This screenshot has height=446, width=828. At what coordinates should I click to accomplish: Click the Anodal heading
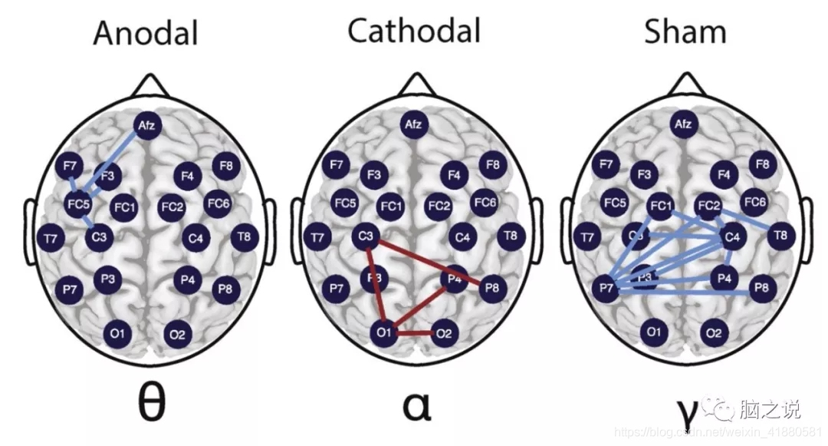145,33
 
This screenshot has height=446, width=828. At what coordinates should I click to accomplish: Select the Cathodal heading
414,31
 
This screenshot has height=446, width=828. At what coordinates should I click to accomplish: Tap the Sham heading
685,31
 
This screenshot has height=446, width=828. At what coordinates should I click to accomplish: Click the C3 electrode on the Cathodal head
366,238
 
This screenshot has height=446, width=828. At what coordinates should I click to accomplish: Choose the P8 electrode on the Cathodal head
492,289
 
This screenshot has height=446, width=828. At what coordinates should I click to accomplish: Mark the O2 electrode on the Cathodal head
444,333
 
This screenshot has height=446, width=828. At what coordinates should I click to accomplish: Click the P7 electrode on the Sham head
606,289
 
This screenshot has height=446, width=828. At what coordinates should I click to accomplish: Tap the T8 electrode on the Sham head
780,235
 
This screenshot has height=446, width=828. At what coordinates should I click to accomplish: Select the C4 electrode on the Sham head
732,238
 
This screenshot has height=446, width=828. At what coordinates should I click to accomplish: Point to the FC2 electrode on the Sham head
708,206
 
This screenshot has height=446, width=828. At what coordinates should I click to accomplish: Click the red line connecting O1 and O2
414,333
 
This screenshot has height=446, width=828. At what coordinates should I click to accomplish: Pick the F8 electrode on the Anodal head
225,165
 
